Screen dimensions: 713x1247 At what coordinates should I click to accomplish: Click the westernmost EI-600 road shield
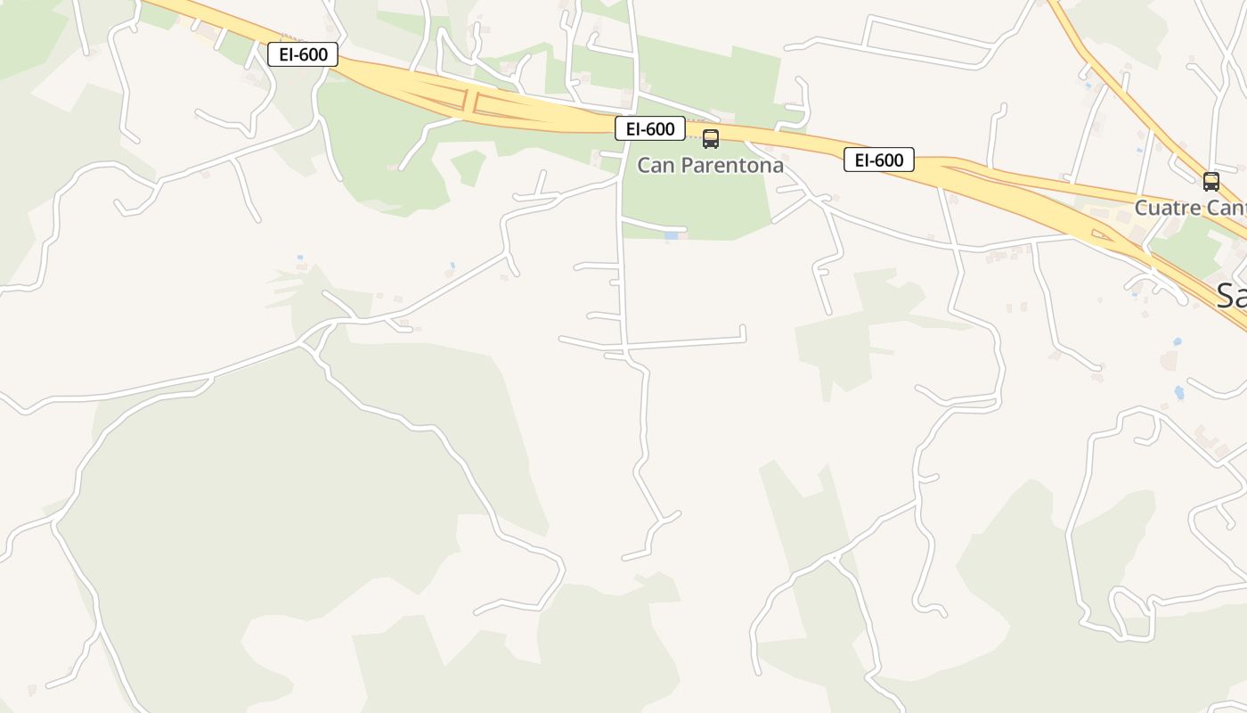click(303, 54)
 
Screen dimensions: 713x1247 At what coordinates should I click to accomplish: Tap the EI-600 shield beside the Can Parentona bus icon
click(650, 128)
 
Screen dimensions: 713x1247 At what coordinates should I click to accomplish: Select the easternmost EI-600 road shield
click(879, 160)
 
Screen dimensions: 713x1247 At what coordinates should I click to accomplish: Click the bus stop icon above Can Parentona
click(710, 139)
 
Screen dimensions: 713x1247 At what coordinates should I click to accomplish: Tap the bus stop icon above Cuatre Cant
click(1210, 182)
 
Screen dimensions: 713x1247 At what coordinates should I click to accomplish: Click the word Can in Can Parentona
click(655, 166)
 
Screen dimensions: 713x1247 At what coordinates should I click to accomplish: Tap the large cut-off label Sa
click(1231, 295)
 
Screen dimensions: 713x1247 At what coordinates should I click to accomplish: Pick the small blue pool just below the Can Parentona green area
click(671, 236)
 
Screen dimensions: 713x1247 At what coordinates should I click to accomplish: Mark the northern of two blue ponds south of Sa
click(1178, 341)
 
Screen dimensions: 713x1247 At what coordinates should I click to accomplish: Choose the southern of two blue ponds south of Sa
click(1179, 392)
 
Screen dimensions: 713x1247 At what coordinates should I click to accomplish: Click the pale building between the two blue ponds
click(1168, 361)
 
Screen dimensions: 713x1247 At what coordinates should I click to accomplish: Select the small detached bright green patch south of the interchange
click(469, 167)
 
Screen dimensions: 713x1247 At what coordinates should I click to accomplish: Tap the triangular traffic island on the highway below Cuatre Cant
click(1103, 235)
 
